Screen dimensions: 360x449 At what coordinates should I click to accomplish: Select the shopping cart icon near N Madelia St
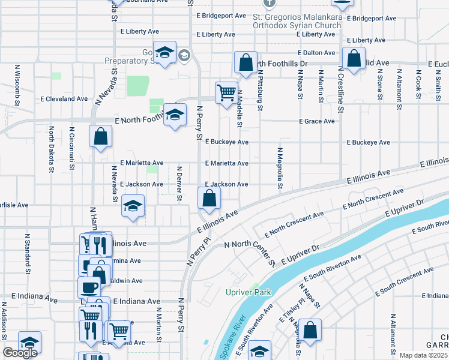pyautogui.click(x=226, y=93)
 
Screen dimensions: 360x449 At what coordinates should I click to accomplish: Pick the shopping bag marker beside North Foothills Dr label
pyautogui.click(x=246, y=62)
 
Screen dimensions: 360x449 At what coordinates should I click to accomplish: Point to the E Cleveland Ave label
pyautogui.click(x=64, y=98)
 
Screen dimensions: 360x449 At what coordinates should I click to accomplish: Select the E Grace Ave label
pyautogui.click(x=317, y=121)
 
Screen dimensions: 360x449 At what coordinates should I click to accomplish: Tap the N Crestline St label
pyautogui.click(x=340, y=89)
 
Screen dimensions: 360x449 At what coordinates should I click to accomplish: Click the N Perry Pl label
pyautogui.click(x=199, y=251)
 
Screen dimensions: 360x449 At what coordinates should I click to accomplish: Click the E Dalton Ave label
pyautogui.click(x=315, y=53)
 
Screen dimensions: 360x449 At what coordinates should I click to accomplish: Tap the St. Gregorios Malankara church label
pyautogui.click(x=297, y=22)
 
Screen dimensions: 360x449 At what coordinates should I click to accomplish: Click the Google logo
pyautogui.click(x=20, y=353)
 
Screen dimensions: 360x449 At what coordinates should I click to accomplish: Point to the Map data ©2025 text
pyautogui.click(x=423, y=355)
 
